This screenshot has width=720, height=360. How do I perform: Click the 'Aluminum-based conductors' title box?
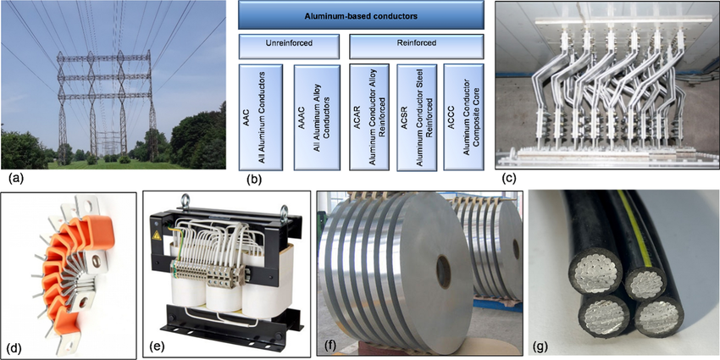(x=362, y=15)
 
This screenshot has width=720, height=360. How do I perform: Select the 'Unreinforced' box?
(x=289, y=43)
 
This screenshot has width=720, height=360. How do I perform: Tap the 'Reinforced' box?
(x=417, y=43)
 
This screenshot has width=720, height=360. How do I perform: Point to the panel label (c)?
(x=508, y=179)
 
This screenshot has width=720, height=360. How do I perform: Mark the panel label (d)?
(x=15, y=347)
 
